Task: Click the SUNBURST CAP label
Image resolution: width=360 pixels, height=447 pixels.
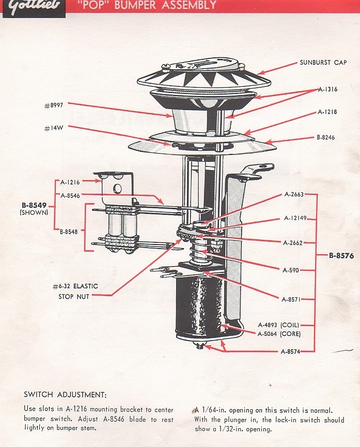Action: (x=323, y=63)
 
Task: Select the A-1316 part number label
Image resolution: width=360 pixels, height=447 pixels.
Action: (x=327, y=89)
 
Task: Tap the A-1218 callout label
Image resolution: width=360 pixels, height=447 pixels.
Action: (x=327, y=112)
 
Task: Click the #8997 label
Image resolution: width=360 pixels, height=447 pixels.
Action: (x=54, y=105)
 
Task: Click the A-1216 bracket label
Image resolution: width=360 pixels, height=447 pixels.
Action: (x=71, y=182)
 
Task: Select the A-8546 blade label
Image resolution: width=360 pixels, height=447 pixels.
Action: (x=71, y=196)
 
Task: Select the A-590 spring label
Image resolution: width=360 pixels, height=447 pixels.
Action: (x=291, y=270)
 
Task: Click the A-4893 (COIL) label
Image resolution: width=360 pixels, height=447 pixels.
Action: (x=278, y=325)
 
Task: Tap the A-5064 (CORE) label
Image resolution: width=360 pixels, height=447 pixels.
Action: (x=278, y=334)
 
